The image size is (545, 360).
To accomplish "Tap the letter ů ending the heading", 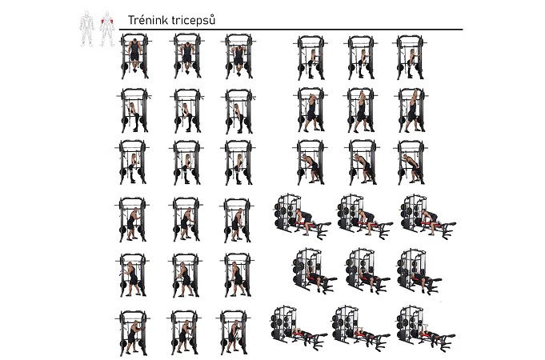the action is pos(212,20).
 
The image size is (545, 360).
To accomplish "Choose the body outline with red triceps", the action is pos(107,29).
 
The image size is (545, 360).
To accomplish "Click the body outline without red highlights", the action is pos(87,29).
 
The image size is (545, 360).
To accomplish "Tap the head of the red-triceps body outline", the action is pos(107,14).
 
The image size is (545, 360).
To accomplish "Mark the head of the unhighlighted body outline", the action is pos(87,14).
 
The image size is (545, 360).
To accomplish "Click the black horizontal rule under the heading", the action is pos(291,30).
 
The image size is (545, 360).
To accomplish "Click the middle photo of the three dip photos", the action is pos(187,56).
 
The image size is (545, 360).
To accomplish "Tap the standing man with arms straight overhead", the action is pos(412,110).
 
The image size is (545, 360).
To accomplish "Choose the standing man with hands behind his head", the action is pos(311,112).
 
